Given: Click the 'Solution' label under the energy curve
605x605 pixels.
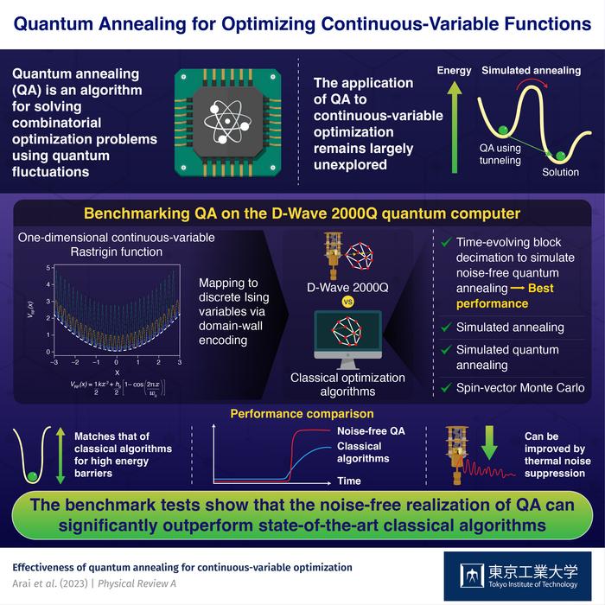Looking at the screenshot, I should tap(560, 173).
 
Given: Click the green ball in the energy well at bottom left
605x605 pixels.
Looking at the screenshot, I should tap(32, 476).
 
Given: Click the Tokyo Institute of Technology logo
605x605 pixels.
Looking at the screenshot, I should tap(518, 576).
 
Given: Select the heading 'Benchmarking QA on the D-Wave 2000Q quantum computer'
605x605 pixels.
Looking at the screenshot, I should tap(302, 213).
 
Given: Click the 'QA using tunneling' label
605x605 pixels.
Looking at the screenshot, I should tap(500, 154).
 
